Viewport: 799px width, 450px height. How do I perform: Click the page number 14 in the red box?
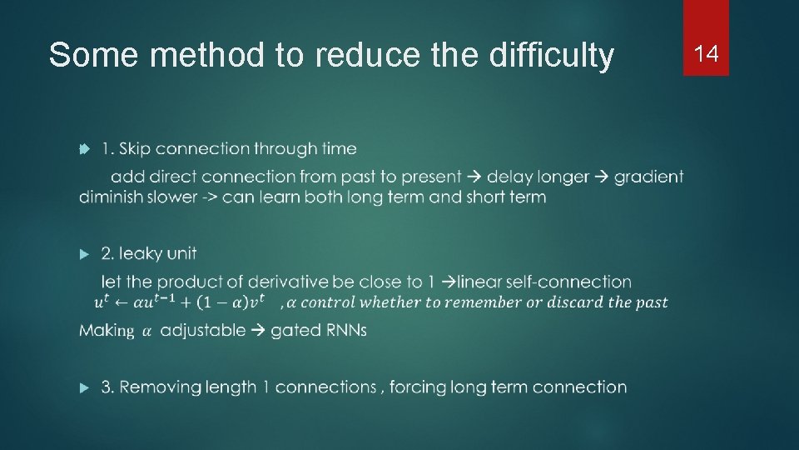706,54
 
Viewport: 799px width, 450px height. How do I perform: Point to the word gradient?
649,177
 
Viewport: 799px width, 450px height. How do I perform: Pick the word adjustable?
202,330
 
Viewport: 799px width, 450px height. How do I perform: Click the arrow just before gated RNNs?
258,330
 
